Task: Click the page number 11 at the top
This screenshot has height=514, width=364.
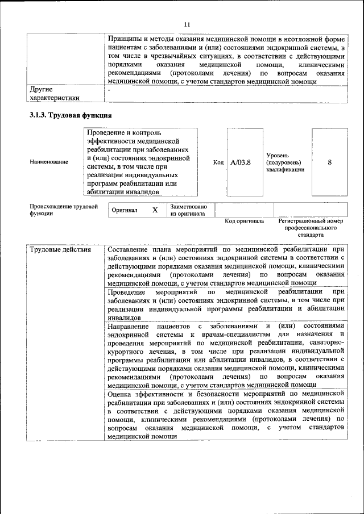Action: pyautogui.click(x=187, y=24)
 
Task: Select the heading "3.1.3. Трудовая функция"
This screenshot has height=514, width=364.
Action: pyautogui.click(x=70, y=116)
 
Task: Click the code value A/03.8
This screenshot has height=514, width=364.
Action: pyautogui.click(x=241, y=162)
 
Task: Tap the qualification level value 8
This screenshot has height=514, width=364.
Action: pyautogui.click(x=330, y=162)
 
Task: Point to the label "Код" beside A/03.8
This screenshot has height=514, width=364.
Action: pyautogui.click(x=218, y=162)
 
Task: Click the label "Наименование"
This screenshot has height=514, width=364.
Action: pyautogui.click(x=49, y=162)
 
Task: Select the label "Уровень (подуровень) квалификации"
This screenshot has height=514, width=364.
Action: pyautogui.click(x=285, y=162)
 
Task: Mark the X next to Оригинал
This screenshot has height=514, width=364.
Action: pyautogui.click(x=155, y=210)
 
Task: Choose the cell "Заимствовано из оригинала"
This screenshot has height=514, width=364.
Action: pyautogui.click(x=188, y=210)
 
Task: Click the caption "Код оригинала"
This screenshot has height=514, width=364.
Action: pyautogui.click(x=244, y=221)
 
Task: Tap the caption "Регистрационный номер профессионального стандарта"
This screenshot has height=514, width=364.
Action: pyautogui.click(x=310, y=227)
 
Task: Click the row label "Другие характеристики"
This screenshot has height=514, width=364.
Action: pyautogui.click(x=54, y=94)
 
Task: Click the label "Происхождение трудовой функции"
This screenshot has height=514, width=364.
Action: pyautogui.click(x=64, y=210)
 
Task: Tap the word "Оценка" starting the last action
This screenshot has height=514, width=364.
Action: pyautogui.click(x=119, y=394)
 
